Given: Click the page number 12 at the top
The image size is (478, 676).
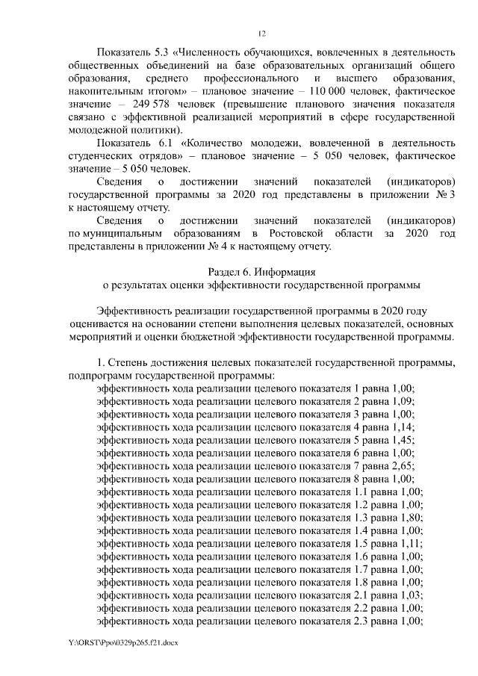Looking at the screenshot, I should pos(261,33).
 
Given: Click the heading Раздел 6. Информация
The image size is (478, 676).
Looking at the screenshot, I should pos(261,272).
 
